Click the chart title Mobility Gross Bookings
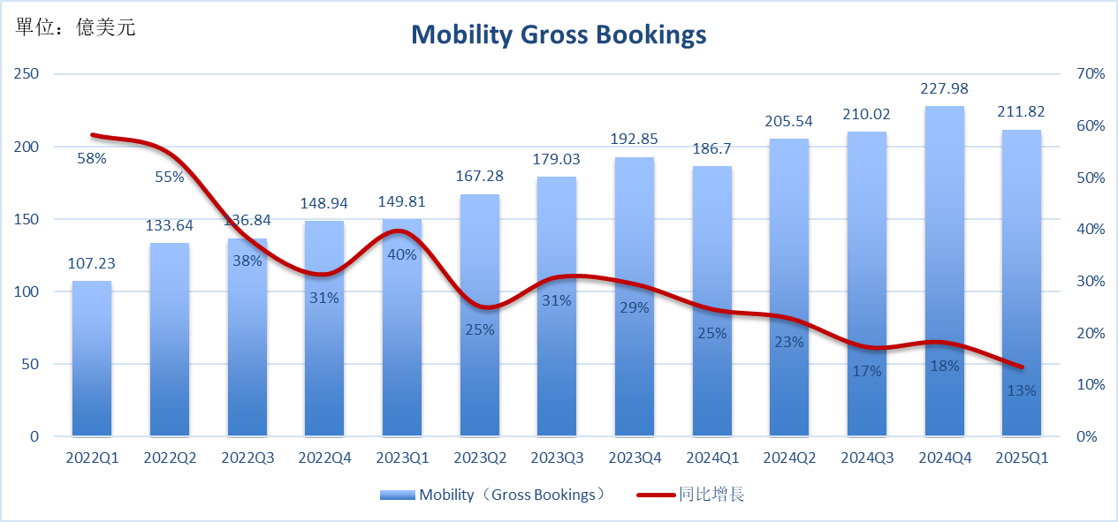tap(559, 34)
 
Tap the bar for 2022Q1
tap(92, 362)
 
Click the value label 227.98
tap(944, 88)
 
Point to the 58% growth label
tap(92, 159)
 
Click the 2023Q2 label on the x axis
tap(480, 458)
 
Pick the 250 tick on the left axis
tap(28, 74)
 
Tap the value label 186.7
tap(712, 148)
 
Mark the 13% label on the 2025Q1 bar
tap(1022, 390)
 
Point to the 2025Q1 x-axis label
tap(1022, 458)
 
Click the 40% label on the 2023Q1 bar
tap(402, 255)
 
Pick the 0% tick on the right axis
tap(1088, 437)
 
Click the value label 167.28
tap(480, 178)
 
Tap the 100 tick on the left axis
tap(28, 291)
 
